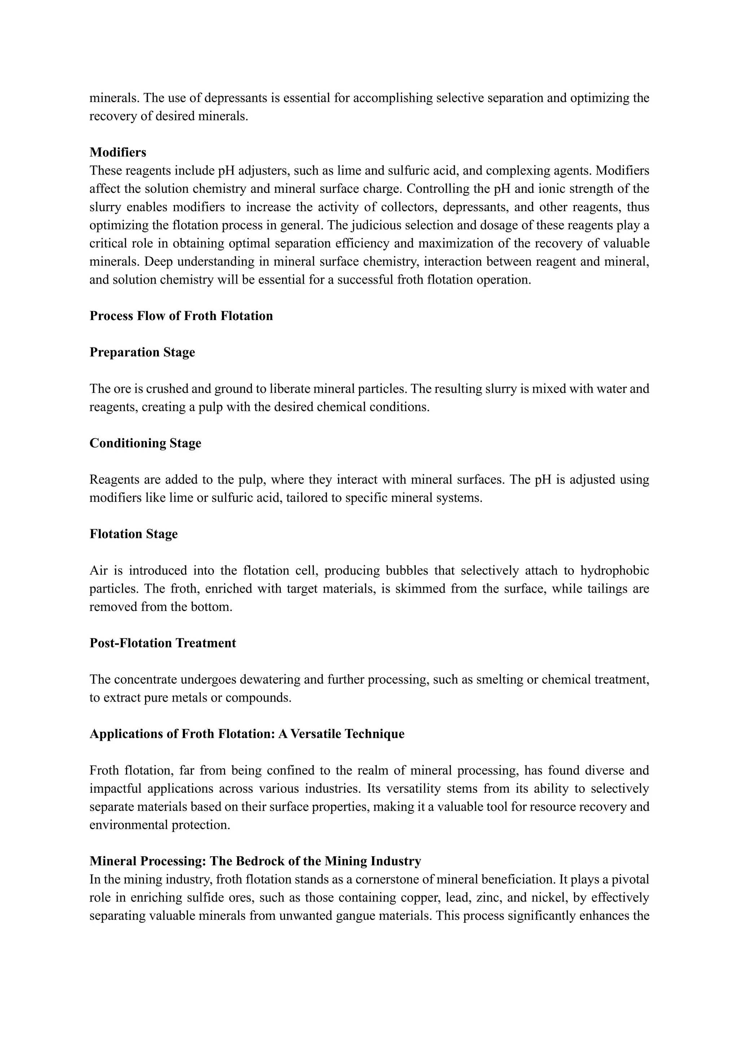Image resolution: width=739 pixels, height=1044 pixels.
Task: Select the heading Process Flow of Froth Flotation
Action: pyautogui.click(x=181, y=316)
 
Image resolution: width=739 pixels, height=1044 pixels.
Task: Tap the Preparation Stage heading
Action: pyautogui.click(x=142, y=353)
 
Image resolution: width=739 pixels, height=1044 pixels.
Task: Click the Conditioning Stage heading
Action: pyautogui.click(x=145, y=443)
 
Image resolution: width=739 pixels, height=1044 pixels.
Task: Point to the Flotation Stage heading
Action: pyautogui.click(x=133, y=534)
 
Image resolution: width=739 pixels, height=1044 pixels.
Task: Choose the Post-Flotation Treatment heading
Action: pyautogui.click(x=162, y=643)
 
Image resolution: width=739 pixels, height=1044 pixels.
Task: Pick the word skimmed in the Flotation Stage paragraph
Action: pyautogui.click(x=419, y=589)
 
